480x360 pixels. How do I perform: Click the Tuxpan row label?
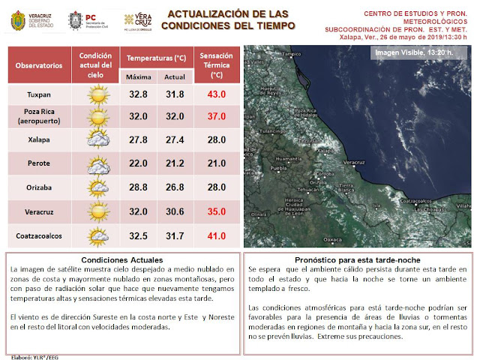39,94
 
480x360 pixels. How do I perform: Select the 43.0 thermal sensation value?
217,94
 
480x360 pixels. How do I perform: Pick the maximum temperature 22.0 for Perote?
138,165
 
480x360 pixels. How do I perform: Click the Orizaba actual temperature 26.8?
174,188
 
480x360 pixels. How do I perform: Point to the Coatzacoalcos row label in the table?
39,235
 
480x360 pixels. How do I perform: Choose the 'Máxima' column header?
138,77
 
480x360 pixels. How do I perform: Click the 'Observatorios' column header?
39,66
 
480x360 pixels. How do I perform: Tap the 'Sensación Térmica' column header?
217,65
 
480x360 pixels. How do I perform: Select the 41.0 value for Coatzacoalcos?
217,235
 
